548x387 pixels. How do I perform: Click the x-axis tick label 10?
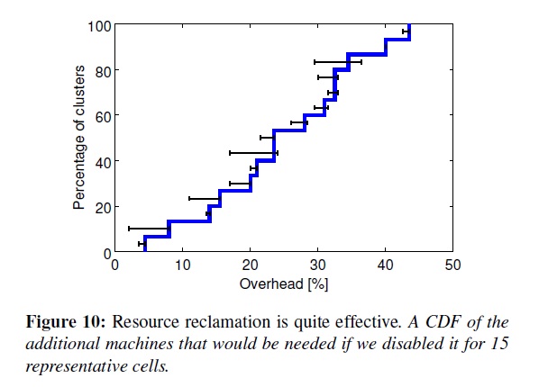(x=182, y=265)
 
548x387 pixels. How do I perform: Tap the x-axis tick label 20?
(x=250, y=265)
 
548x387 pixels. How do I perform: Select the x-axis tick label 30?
(x=317, y=265)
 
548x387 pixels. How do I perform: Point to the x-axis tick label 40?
(x=385, y=265)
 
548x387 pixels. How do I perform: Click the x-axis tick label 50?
(x=452, y=265)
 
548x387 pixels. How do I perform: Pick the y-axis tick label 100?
(x=99, y=26)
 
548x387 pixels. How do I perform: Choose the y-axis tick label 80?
(x=103, y=71)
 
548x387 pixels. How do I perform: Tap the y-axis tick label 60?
(x=103, y=116)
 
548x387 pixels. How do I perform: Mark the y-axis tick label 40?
(x=103, y=162)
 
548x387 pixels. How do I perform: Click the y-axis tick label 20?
(x=103, y=207)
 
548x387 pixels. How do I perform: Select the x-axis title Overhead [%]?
(x=283, y=283)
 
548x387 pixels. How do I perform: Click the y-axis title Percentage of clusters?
(x=79, y=137)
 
